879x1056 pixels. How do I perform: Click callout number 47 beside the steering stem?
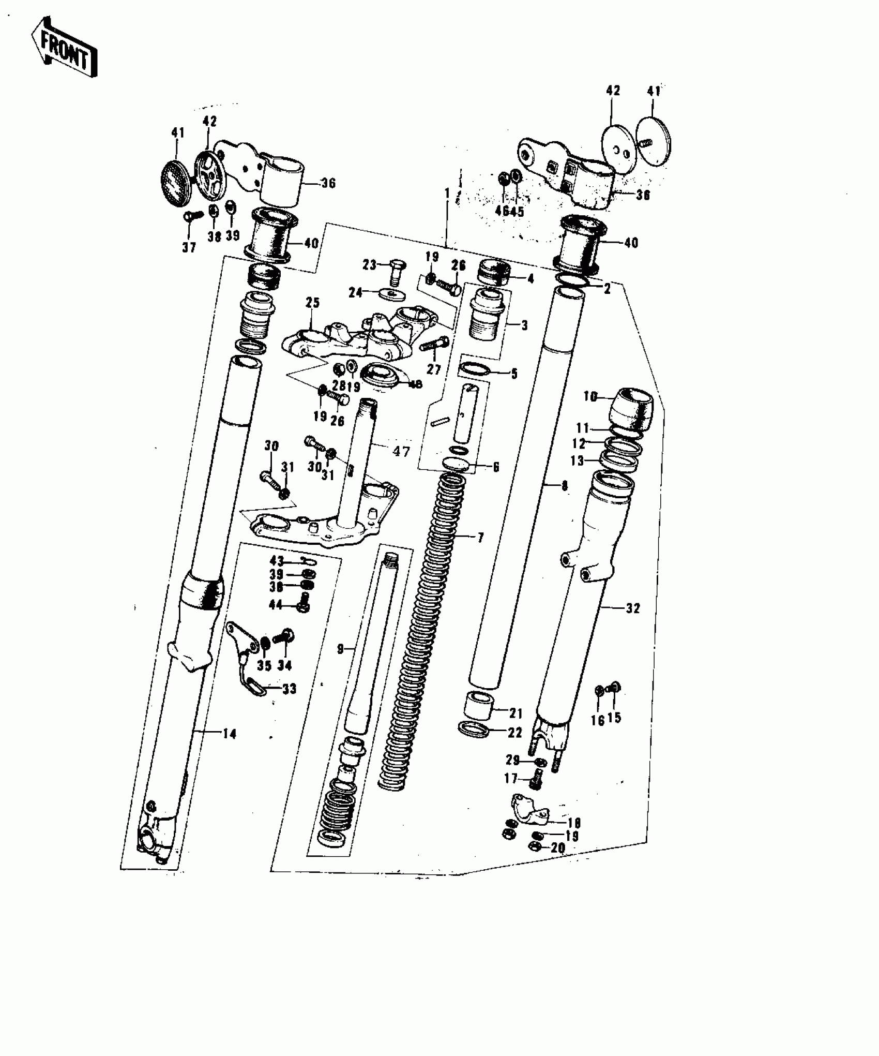point(401,451)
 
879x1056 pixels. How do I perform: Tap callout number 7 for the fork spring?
point(480,538)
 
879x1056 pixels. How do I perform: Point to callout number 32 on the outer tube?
point(632,608)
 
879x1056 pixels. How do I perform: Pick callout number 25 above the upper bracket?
point(312,302)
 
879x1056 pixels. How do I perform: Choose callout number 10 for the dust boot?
point(590,397)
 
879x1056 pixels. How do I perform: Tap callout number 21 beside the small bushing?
point(516,713)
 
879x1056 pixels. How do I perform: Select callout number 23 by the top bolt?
point(369,264)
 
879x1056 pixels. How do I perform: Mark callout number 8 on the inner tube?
point(564,486)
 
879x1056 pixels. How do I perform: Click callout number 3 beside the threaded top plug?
point(524,325)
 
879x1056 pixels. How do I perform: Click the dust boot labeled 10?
point(631,407)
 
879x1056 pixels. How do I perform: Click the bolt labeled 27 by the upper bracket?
point(435,344)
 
